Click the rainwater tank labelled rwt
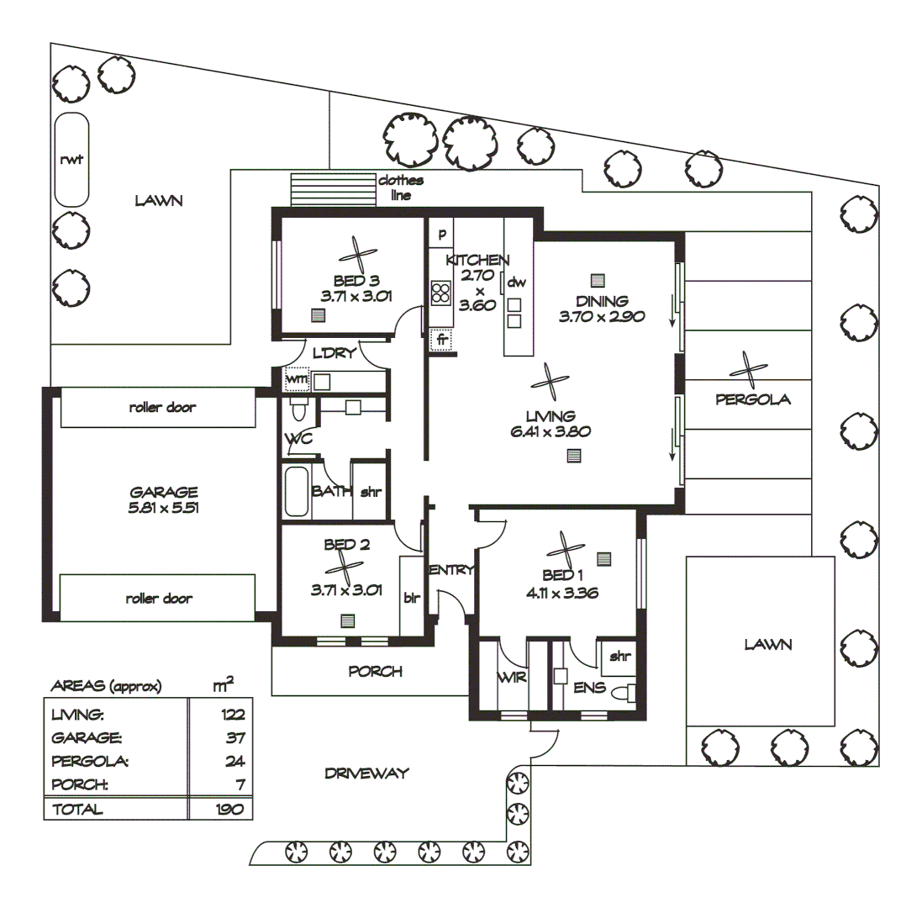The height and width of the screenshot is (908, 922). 71,160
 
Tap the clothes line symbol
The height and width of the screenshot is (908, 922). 332,190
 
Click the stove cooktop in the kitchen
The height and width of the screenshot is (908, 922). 440,293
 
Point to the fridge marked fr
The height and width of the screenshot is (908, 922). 440,340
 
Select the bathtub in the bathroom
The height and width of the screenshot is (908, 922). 298,493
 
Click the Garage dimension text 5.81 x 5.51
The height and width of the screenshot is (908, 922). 164,508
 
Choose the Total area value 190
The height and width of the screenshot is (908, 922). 229,810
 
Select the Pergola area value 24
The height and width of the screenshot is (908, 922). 234,762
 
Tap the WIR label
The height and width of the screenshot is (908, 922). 512,677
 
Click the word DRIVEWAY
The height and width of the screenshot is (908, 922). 366,773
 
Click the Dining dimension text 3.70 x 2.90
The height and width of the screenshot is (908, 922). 601,317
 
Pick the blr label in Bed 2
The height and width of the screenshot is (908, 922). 412,599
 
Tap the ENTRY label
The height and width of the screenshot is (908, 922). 452,570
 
